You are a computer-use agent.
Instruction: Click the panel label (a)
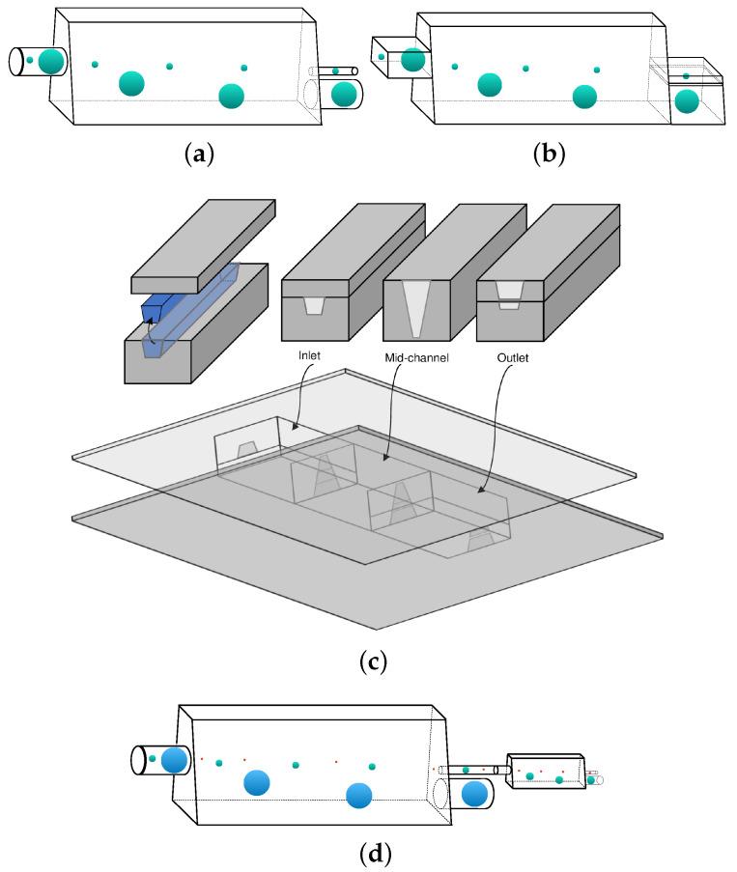pyautogui.click(x=198, y=153)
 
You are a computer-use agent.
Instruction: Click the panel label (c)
pyautogui.click(x=372, y=662)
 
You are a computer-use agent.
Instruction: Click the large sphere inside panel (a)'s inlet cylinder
pyautogui.click(x=51, y=62)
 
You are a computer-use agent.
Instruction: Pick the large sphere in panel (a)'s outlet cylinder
pyautogui.click(x=343, y=95)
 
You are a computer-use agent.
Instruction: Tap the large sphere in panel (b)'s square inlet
pyautogui.click(x=413, y=60)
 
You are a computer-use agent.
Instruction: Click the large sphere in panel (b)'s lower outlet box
pyautogui.click(x=687, y=100)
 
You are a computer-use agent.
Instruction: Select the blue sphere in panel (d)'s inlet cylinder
pyautogui.click(x=175, y=759)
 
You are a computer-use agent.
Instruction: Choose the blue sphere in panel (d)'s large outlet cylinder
pyautogui.click(x=474, y=794)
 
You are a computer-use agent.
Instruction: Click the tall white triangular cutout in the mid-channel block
pyautogui.click(x=417, y=308)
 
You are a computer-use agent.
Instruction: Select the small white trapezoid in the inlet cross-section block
pyautogui.click(x=314, y=305)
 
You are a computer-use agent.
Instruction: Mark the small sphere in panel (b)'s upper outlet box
pyautogui.click(x=686, y=75)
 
